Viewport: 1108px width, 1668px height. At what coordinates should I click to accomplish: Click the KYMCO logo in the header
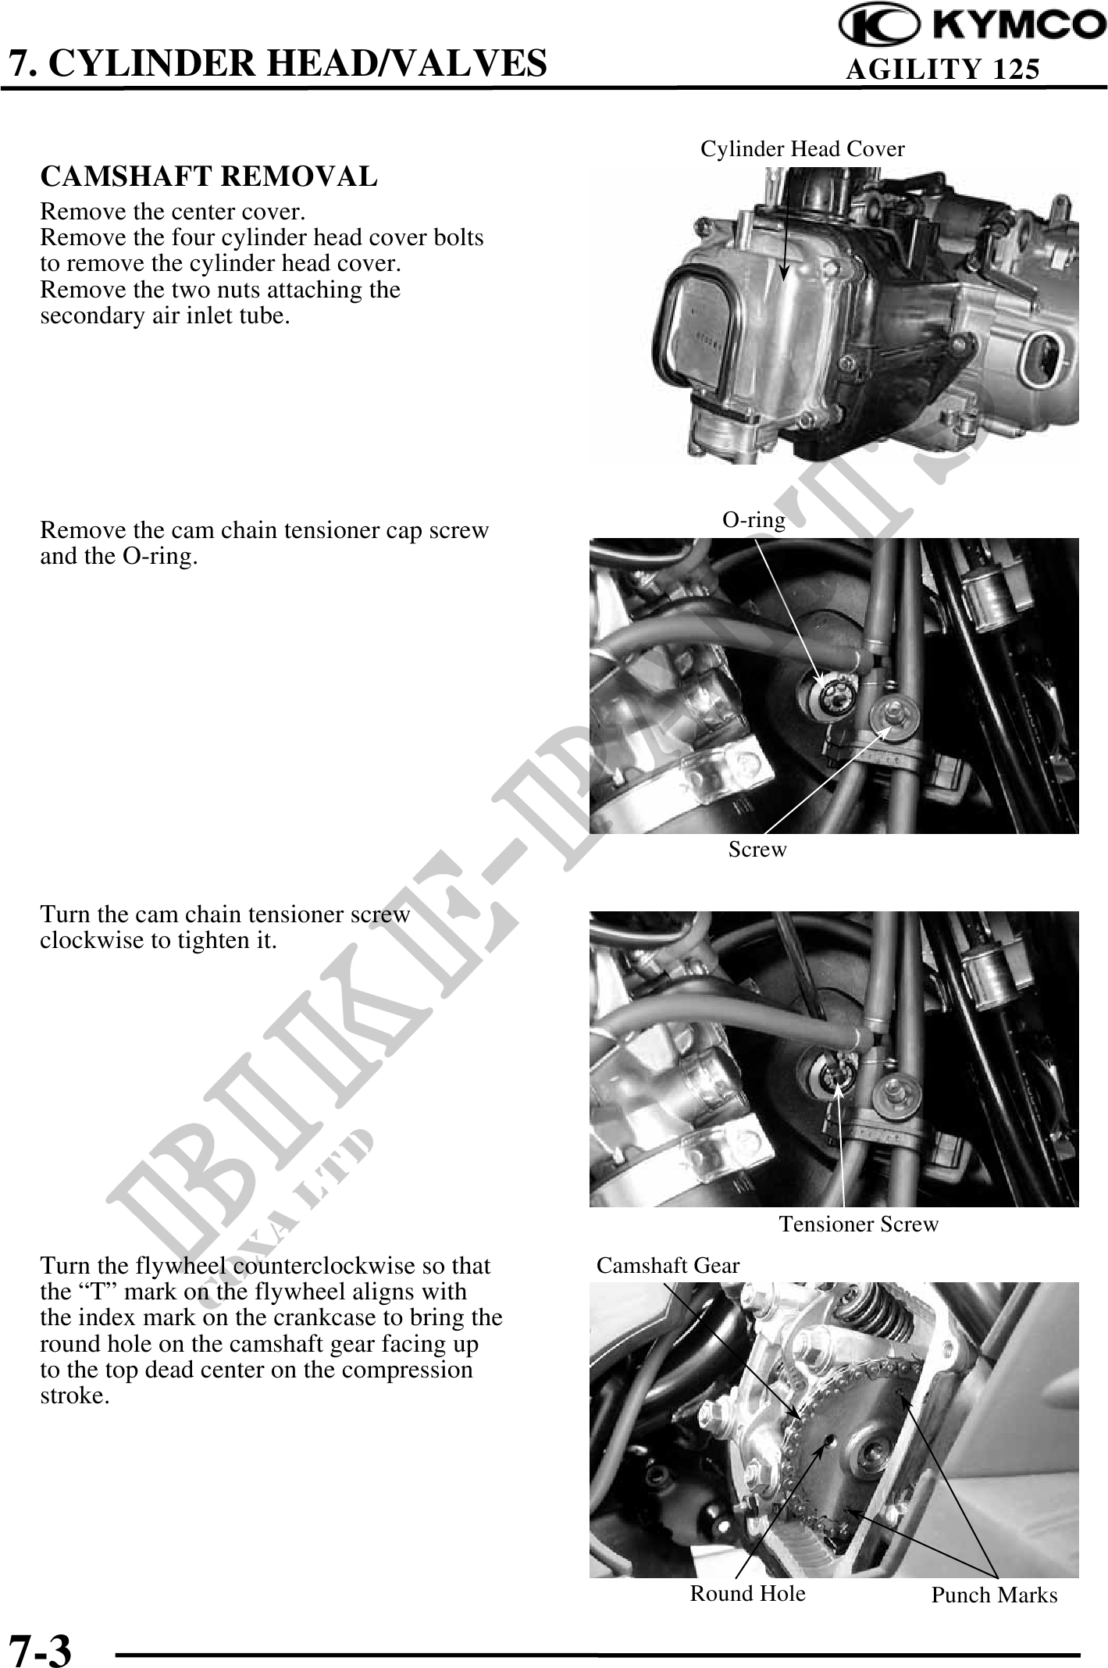972,25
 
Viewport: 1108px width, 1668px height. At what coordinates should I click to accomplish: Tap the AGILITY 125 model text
943,70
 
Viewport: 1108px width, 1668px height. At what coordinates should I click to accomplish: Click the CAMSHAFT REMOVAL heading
208,176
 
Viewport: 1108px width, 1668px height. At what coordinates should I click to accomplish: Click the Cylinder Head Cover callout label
803,148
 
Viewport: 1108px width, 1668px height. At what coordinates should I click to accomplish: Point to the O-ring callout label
754,520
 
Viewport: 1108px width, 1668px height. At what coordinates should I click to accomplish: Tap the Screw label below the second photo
757,850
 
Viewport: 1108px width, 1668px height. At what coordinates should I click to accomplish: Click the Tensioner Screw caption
859,1224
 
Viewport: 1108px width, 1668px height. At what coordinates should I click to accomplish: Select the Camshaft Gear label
668,1265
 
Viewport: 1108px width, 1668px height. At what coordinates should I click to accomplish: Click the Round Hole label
747,1593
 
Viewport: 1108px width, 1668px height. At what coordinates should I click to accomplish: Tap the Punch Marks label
994,1595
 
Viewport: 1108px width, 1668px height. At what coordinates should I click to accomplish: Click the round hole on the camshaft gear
829,1442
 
